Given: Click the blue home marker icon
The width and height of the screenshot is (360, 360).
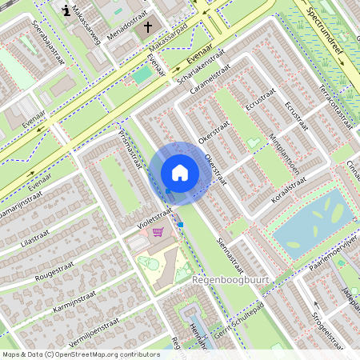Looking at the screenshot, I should pyautogui.click(x=180, y=173).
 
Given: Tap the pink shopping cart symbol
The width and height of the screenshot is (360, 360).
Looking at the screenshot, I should pyautogui.click(x=158, y=232).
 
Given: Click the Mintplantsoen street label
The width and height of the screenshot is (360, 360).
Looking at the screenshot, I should pyautogui.click(x=284, y=154).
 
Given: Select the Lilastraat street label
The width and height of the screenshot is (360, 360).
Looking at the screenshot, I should pyautogui.click(x=34, y=237).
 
